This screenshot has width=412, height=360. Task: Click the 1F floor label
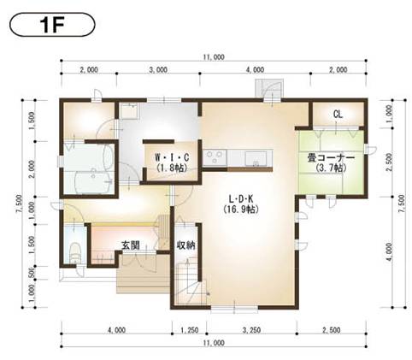(x=50, y=23)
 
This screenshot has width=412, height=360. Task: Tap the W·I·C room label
(x=171, y=158)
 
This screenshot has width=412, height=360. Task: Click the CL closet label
(x=338, y=114)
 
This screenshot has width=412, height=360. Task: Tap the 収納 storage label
(x=187, y=245)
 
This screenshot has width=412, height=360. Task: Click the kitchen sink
(x=255, y=158)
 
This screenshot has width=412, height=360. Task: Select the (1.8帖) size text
(x=171, y=169)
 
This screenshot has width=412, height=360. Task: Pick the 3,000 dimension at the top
(x=156, y=69)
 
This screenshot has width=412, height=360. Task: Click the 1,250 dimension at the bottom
(x=190, y=329)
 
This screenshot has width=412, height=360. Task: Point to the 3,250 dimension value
(x=251, y=329)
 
